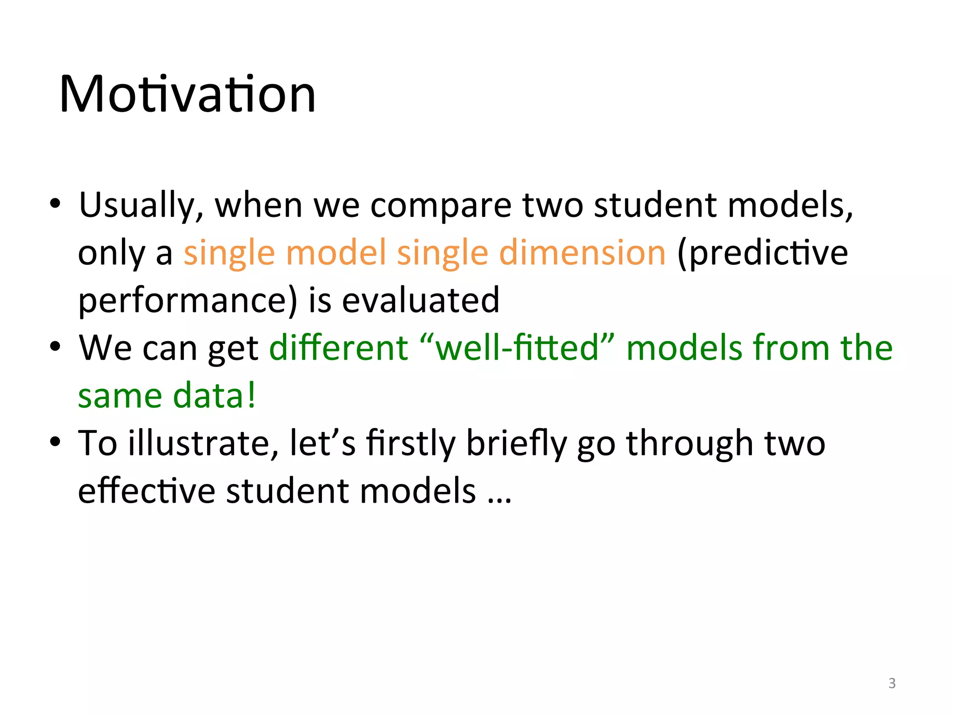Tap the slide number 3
(892, 683)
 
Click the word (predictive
(762, 252)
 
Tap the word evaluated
(421, 300)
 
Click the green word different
(338, 348)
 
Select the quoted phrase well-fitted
(517, 348)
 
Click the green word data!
(214, 396)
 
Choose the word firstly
(410, 443)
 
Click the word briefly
(516, 443)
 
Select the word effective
(147, 491)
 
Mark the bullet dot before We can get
(55, 347)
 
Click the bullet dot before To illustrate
(55, 442)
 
